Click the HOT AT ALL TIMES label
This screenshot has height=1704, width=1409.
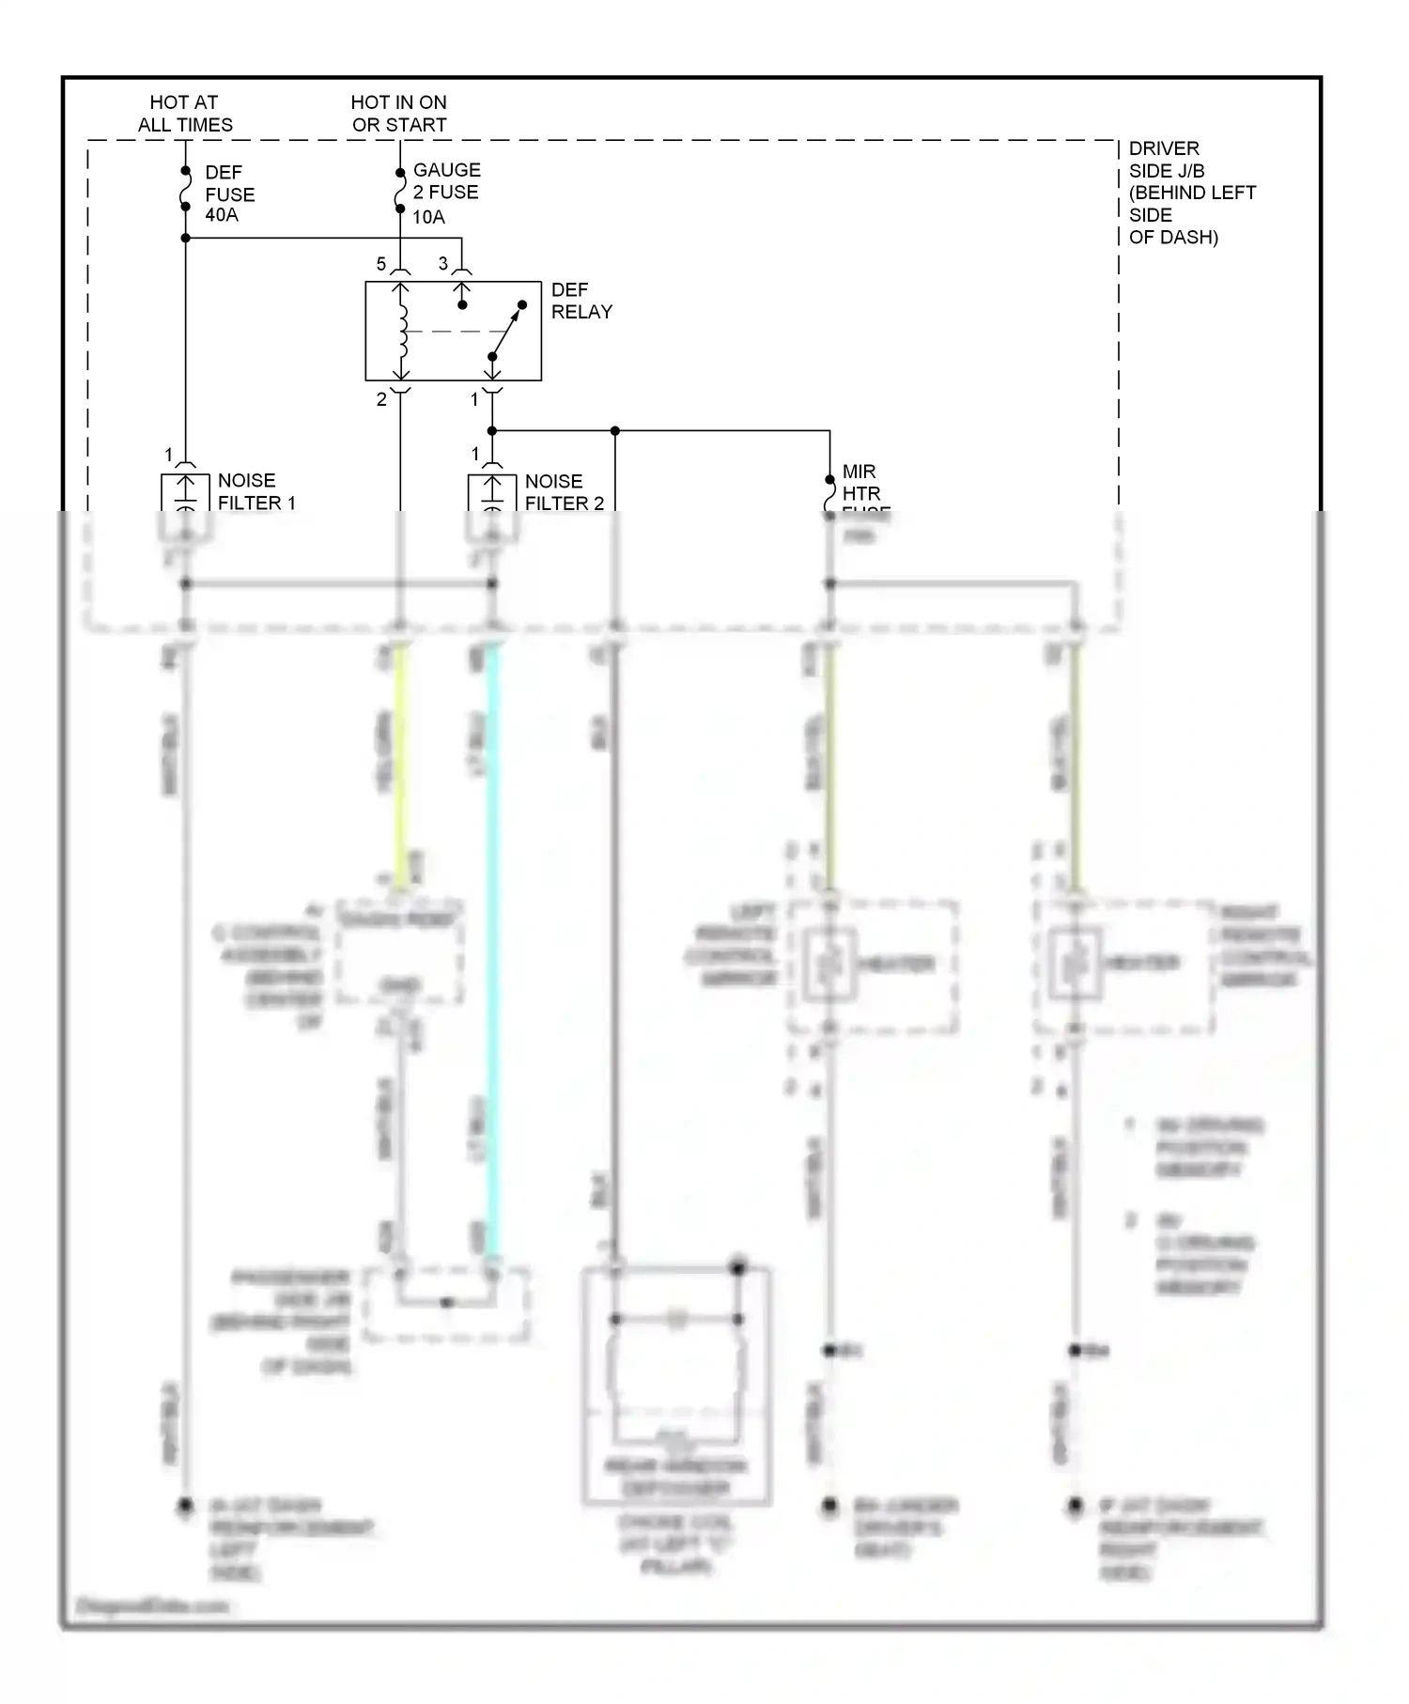pyautogui.click(x=185, y=114)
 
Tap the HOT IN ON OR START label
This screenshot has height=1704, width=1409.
pyautogui.click(x=399, y=114)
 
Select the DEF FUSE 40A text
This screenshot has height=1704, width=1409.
pyautogui.click(x=229, y=194)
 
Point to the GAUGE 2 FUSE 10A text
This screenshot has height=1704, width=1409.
pyautogui.click(x=446, y=193)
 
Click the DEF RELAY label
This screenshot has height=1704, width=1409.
pyautogui.click(x=581, y=301)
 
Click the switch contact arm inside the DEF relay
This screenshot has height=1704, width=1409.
pyautogui.click(x=507, y=331)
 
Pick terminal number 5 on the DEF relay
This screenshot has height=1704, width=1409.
pyautogui.click(x=381, y=264)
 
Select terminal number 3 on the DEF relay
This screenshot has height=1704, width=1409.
pyautogui.click(x=443, y=264)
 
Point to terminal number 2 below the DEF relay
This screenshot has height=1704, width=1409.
pyautogui.click(x=381, y=399)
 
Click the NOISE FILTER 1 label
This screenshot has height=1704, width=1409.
pyautogui.click(x=255, y=491)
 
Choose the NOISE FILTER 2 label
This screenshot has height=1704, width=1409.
pyautogui.click(x=564, y=492)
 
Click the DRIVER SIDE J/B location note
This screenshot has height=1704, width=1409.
pyautogui.click(x=1191, y=193)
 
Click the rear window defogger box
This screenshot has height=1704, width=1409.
pyautogui.click(x=676, y=1386)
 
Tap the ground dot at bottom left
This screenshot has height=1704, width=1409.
pyautogui.click(x=186, y=1505)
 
